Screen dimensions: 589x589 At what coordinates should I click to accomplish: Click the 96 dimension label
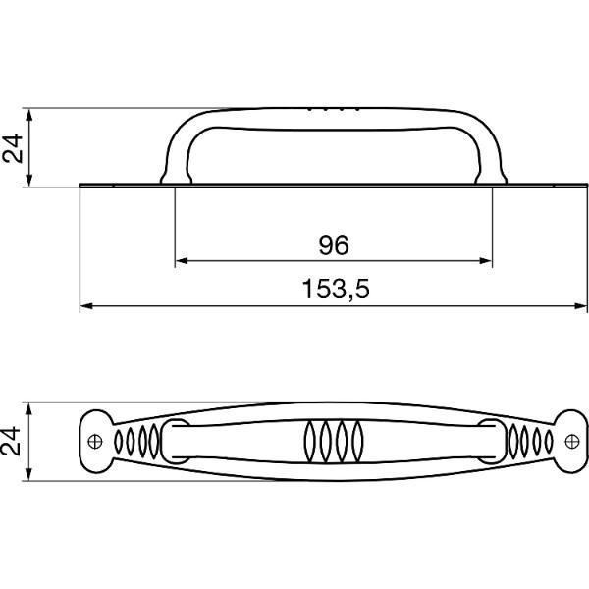coord(334,244)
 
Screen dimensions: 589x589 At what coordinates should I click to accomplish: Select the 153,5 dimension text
coord(336,289)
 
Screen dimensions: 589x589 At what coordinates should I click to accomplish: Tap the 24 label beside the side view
coord(13,148)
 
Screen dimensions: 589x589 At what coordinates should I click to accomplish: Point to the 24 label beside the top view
coord(11,441)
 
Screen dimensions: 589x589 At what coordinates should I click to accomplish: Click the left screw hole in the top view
coord(95,442)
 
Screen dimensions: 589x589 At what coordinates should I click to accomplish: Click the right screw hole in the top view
coord(572,442)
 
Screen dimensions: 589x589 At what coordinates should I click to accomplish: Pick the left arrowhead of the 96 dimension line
coord(182,261)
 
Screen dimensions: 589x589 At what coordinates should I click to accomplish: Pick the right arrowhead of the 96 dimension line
coord(486,261)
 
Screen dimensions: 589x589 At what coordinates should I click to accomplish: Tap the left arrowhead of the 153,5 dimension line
coord(86,306)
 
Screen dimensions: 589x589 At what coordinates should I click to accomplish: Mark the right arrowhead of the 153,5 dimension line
coord(580,306)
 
